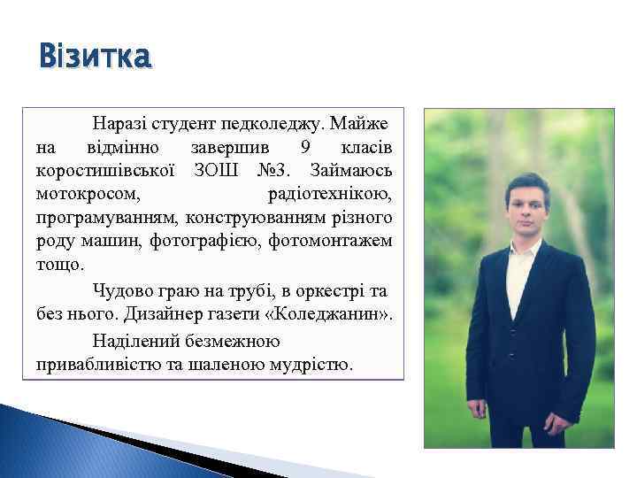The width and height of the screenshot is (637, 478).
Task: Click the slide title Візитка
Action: (95, 58)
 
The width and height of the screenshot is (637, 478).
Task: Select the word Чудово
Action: (122, 289)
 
